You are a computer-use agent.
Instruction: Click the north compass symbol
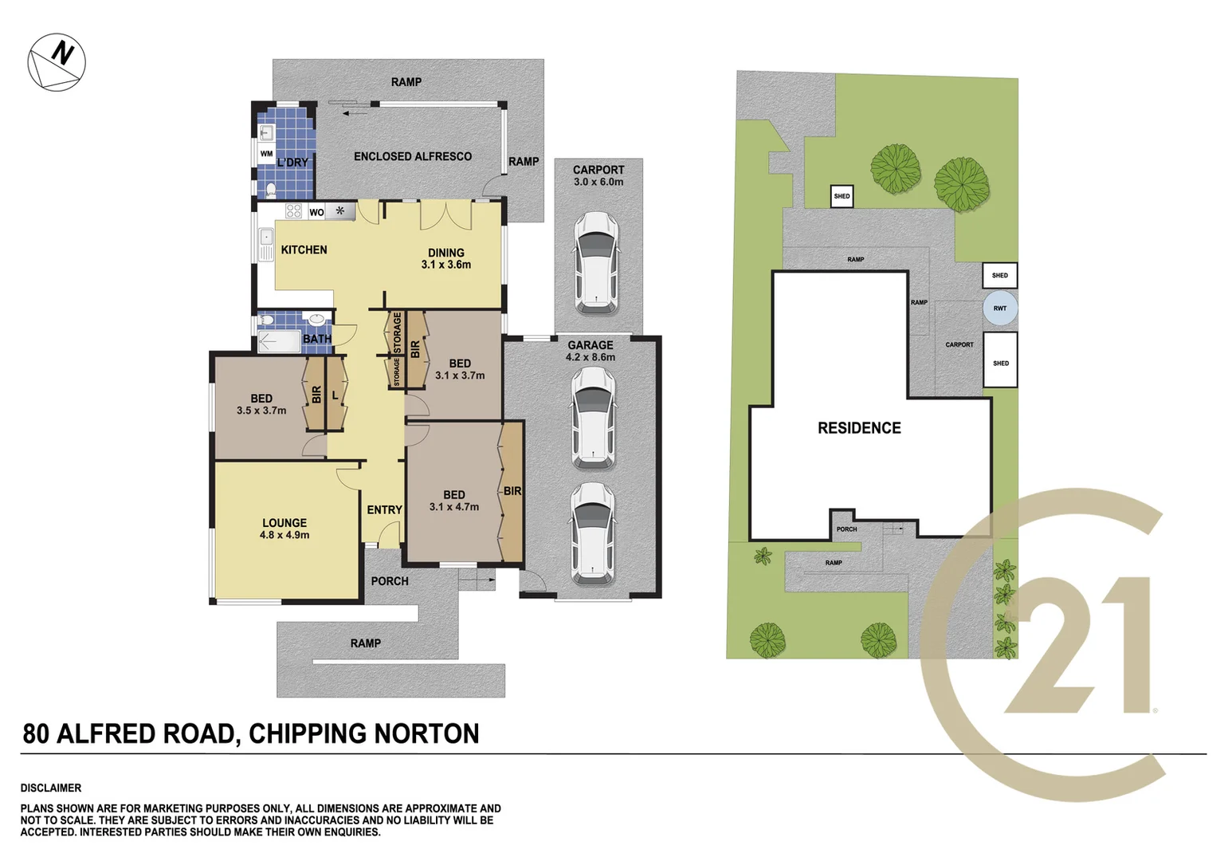point(57,61)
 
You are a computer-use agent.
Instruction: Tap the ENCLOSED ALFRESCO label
point(412,156)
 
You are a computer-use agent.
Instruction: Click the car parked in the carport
point(595,263)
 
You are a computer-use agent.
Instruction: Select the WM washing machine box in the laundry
point(266,154)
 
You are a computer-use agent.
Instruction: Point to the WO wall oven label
point(316,212)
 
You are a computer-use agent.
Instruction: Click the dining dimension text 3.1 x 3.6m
point(445,265)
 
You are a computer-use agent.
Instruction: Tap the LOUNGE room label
point(284,523)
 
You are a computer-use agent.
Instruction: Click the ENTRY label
point(384,509)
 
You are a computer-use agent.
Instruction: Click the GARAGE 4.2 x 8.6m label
point(590,351)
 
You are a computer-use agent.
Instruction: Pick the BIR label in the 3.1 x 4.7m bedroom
point(512,491)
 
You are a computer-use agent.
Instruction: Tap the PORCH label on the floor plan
point(390,581)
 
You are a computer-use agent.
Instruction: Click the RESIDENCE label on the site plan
point(859,428)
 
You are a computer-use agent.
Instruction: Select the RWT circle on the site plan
point(999,309)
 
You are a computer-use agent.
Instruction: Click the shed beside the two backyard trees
point(842,196)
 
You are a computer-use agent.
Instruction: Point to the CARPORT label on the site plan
point(959,345)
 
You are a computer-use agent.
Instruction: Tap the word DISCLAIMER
point(51,788)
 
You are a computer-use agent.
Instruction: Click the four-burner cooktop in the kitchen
point(293,211)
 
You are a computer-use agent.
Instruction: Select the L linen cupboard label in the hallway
point(335,395)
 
